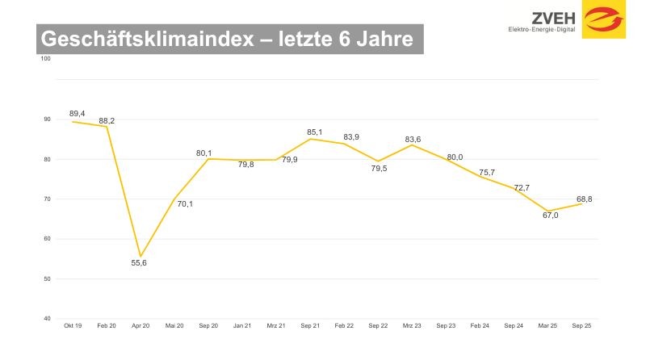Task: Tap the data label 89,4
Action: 77,114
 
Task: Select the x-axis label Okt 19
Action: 72,325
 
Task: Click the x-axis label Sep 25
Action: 581,325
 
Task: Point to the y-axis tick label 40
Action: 46,319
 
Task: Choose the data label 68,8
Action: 583,199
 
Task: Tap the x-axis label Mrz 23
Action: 411,325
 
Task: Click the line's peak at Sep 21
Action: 311,139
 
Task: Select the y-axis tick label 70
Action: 46,199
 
